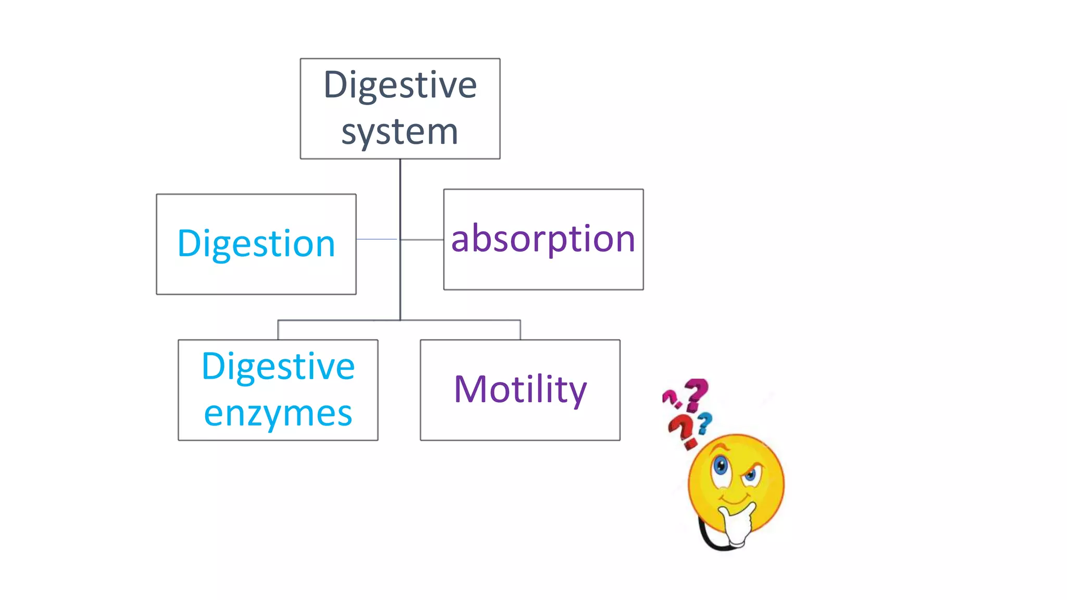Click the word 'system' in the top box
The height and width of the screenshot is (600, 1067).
pos(400,132)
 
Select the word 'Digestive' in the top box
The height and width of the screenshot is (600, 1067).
pos(400,84)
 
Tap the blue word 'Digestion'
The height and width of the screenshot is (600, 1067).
pos(256,243)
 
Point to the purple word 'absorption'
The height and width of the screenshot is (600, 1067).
pos(543,239)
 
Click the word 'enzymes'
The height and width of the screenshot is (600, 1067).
pos(278,414)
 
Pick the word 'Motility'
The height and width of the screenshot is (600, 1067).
pos(520,389)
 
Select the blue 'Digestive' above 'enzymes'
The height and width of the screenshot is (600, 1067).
pos(278,366)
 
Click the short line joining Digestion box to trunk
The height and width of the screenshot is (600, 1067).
pos(377,239)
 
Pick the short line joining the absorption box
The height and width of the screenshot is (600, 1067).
pos(422,240)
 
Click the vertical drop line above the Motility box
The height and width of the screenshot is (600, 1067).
pos(520,330)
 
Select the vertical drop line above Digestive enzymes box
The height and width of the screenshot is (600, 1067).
pos(278,330)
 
